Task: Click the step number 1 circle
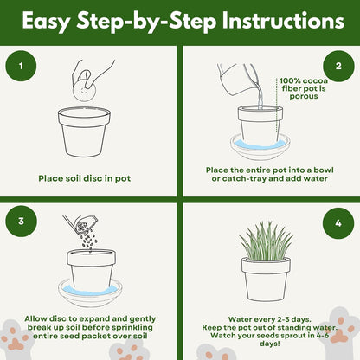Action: [x=22, y=65]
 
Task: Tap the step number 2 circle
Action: [x=338, y=65]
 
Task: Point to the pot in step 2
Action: [x=260, y=125]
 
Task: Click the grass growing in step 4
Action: [x=266, y=240]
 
